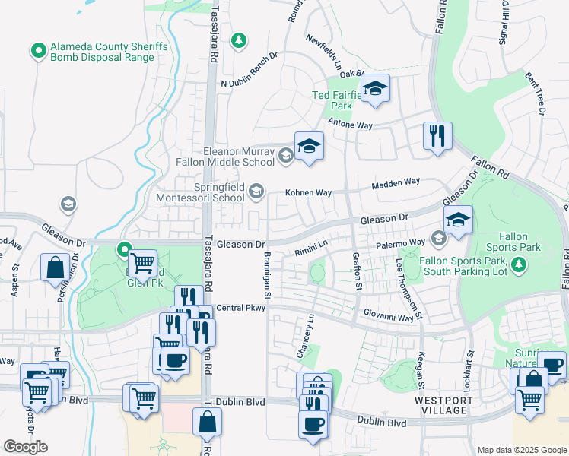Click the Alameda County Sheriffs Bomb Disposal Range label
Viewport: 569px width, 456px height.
coord(108,52)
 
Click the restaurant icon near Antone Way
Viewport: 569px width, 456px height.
coord(437,137)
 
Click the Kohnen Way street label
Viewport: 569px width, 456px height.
coord(308,193)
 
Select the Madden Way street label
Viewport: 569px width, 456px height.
coord(396,183)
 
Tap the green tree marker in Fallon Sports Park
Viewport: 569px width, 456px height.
coord(520,264)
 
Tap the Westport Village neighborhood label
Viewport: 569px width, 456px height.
coord(441,405)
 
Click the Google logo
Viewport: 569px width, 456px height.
coord(25,447)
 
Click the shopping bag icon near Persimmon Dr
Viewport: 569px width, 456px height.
coord(56,268)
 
